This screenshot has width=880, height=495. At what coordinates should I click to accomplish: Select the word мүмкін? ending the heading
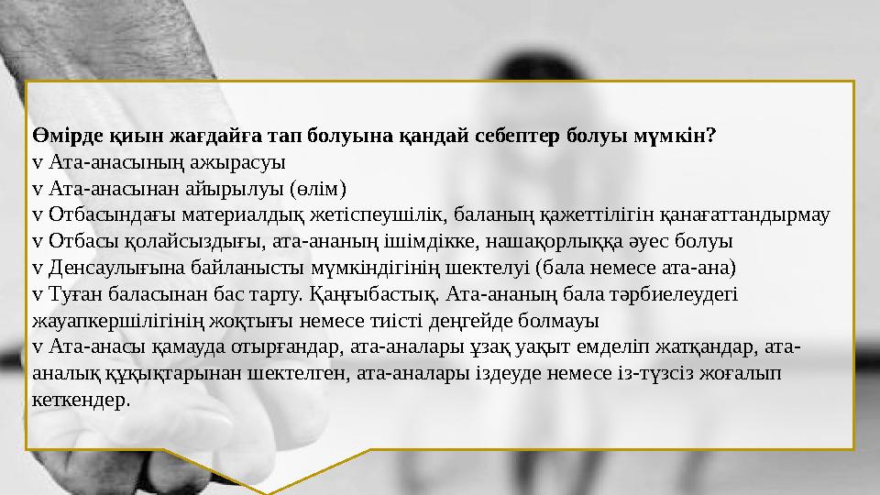[677, 137]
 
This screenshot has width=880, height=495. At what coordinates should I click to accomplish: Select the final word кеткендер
[81, 401]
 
